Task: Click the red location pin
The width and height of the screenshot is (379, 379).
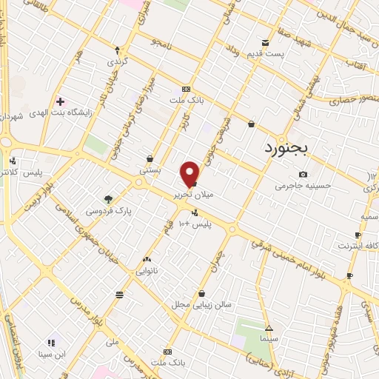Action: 190,173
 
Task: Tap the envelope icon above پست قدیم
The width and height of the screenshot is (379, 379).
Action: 265,42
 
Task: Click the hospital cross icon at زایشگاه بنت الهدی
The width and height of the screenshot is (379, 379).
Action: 60,101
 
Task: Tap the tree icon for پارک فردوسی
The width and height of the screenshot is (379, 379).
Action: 109,198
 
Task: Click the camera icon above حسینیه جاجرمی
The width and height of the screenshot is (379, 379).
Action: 303,174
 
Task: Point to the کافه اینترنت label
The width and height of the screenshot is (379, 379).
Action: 358,245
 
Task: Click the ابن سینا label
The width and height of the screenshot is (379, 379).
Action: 53,355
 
